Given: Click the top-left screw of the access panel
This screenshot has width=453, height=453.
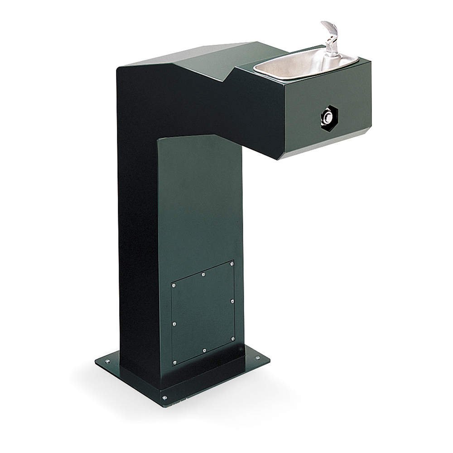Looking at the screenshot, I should coord(173,285).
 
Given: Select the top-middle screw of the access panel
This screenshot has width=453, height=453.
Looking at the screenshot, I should coord(203,274).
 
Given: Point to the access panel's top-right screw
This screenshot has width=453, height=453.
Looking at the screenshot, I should coord(232,263).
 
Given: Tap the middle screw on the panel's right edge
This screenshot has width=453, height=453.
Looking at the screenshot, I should coord(232,300).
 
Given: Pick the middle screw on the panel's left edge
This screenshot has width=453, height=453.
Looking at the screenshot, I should coord(174,323).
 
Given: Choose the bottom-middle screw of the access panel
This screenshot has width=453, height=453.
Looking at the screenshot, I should coord(204,350).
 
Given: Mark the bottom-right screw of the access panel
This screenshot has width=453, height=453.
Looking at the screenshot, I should coord(232,338).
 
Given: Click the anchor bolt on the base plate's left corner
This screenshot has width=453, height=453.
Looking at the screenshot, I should coord(108,361).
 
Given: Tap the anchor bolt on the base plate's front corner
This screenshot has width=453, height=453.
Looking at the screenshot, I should coord(164,398).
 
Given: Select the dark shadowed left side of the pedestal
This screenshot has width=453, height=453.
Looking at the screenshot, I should coord(136,226).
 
